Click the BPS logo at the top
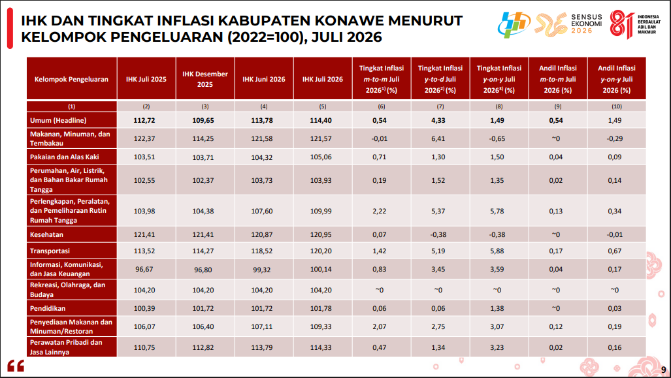[514, 24]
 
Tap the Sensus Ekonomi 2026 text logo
[586, 24]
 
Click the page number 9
[663, 369]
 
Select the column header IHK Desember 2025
[205, 79]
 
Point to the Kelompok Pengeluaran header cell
[71, 79]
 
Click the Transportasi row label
[50, 251]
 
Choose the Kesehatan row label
[46, 235]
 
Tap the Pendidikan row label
[48, 308]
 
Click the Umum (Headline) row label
[58, 121]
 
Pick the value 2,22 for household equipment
[379, 212]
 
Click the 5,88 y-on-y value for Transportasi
[497, 251]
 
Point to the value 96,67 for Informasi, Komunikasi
[144, 270]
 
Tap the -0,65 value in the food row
[497, 139]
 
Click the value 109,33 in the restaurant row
[321, 326]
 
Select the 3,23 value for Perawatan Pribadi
[497, 347]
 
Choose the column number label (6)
[382, 106]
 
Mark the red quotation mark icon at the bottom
[16, 366]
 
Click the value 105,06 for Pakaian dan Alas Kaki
[321, 157]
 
